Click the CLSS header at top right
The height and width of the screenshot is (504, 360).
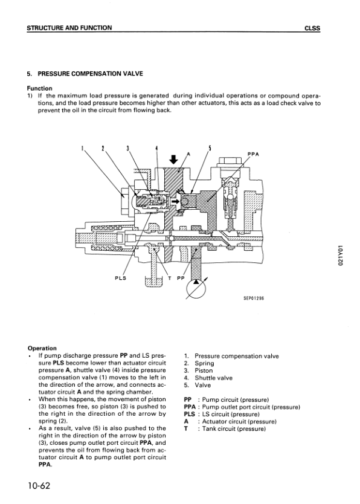click(312, 28)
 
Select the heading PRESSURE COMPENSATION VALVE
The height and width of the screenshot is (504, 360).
click(90, 74)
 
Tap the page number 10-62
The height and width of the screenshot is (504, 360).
click(39, 485)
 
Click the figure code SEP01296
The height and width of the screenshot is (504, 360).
click(253, 298)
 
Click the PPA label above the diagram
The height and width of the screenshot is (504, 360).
click(253, 154)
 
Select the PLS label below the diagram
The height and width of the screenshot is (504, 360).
click(120, 278)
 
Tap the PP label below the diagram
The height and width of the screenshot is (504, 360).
click(181, 278)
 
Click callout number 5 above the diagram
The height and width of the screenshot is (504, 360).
click(210, 148)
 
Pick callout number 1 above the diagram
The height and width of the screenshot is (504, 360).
click(82, 148)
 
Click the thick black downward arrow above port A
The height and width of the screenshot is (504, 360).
click(174, 160)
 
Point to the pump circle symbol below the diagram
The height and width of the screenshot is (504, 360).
click(196, 288)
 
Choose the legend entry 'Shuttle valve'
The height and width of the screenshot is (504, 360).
click(213, 378)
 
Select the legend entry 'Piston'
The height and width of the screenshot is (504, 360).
click(204, 370)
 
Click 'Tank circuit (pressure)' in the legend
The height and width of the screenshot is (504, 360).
click(234, 429)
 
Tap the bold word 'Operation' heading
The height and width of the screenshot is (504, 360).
click(42, 348)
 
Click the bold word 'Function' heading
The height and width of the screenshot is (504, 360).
click(39, 88)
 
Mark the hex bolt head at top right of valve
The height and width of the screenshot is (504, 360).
click(230, 161)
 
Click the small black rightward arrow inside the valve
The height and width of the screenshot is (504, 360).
click(175, 201)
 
